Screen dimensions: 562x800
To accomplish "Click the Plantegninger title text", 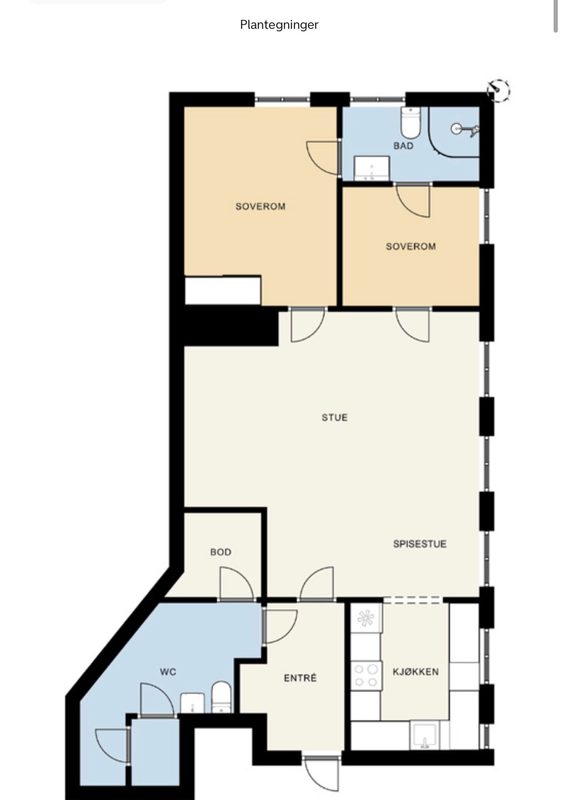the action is tap(279, 25).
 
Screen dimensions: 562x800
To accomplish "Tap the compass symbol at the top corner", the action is tap(498, 90).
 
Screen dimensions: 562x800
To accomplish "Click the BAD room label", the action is tap(404, 146).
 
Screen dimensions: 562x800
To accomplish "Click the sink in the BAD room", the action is tap(371, 168).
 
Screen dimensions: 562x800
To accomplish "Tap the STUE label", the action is tap(335, 417).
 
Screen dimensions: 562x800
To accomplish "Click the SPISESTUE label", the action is tap(420, 544).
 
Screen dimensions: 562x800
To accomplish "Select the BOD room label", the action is tap(221, 552).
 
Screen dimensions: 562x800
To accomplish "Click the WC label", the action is tap(168, 672).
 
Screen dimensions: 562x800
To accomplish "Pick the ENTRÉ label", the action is tap(300, 678).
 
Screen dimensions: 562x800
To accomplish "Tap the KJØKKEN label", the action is tap(416, 672).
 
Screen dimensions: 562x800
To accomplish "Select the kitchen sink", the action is tap(424, 735).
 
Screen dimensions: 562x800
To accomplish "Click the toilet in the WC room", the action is tap(221, 697).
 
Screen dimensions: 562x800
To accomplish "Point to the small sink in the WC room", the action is tap(192, 703).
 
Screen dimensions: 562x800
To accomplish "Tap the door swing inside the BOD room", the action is tap(237, 583).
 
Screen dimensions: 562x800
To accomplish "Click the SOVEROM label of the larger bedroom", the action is tap(260, 207).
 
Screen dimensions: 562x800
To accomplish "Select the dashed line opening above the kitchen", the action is tap(413, 600).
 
